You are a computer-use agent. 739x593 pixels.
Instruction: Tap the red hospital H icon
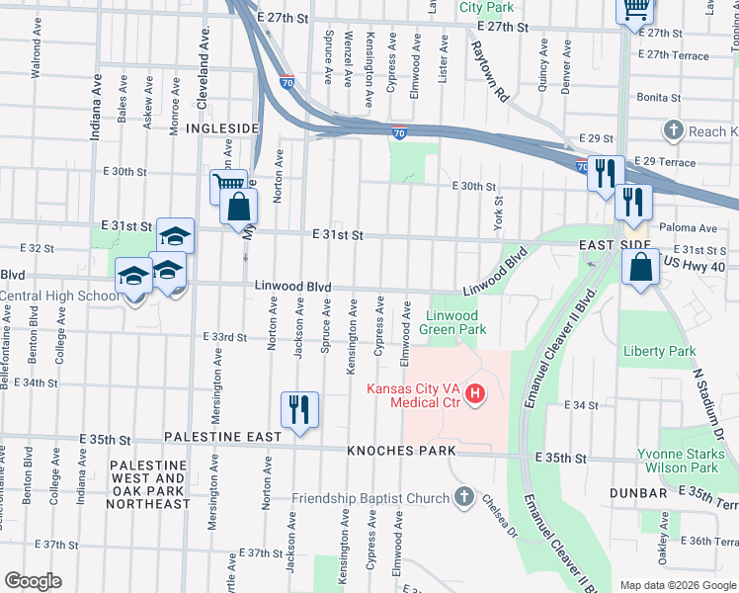pos(476,395)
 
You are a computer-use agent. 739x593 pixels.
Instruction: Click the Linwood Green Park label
pos(454,321)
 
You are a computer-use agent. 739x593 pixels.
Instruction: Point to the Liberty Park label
pos(660,351)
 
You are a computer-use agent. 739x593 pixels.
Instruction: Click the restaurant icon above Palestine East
pos(299,409)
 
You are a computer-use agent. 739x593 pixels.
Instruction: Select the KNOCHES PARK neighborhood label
pos(401,451)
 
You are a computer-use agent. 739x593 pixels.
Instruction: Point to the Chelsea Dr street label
pos(499,516)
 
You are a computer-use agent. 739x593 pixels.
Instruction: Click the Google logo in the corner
pos(33,581)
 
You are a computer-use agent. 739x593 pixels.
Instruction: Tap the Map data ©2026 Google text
pos(678,585)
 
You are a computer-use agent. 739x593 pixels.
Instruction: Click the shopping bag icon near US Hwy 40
pos(641,268)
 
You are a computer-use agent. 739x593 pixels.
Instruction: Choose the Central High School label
pos(59,296)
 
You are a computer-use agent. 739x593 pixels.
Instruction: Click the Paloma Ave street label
pos(695,228)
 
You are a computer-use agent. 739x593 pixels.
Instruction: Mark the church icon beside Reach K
pos(674,130)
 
